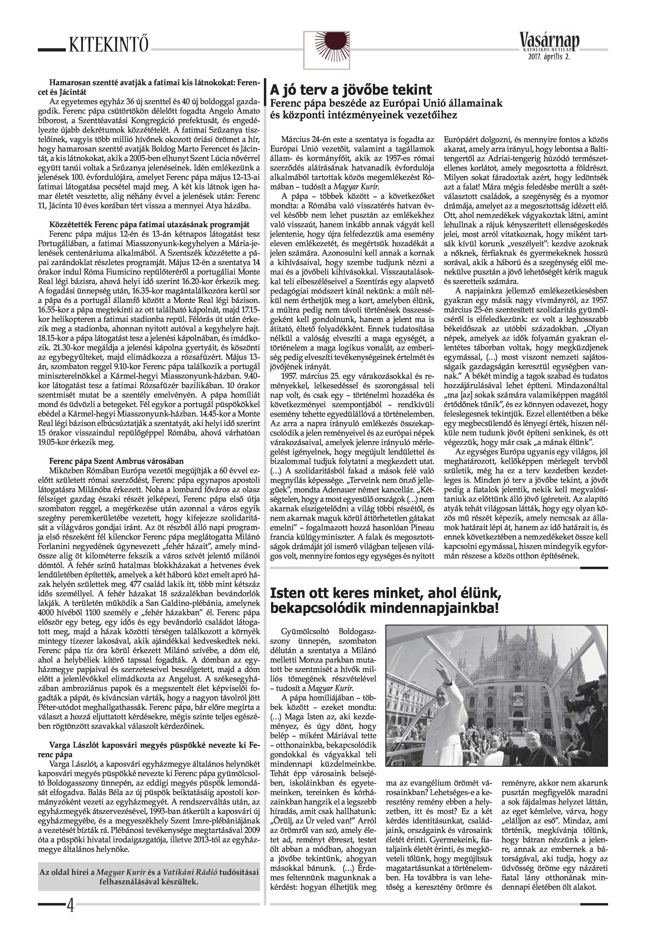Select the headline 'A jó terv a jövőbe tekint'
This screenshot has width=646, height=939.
pyautogui.click(x=351, y=90)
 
